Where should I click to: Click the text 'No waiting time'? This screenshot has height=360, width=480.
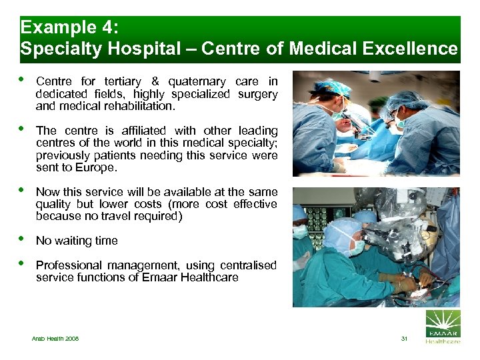[77, 241]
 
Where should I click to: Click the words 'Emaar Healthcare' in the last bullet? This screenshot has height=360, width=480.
[190, 277]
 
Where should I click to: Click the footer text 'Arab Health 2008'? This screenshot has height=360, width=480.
[55, 339]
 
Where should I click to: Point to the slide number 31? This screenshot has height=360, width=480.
[403, 339]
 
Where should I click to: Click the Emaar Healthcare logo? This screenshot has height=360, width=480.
[443, 327]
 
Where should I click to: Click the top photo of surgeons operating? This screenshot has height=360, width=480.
[376, 123]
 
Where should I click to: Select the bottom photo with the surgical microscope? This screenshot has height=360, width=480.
[376, 247]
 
